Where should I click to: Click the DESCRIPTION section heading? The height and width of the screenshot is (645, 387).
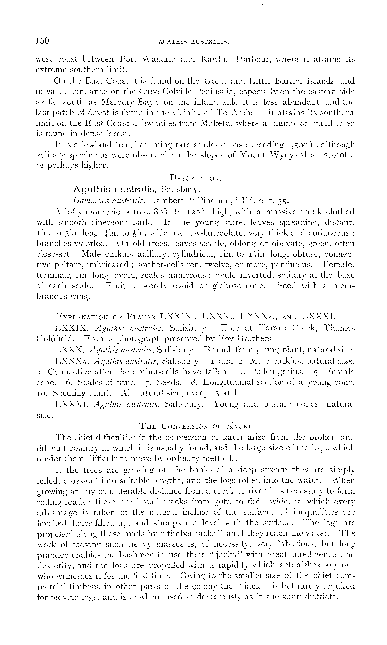[x=196, y=178]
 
